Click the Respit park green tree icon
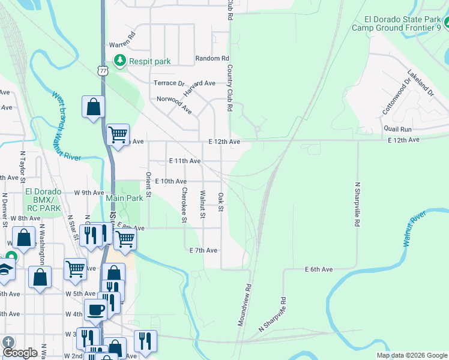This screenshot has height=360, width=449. [120, 61]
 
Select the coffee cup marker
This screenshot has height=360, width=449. [95, 310]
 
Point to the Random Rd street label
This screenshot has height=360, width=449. [212, 59]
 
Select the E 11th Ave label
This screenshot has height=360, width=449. [185, 161]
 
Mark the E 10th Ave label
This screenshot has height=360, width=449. [170, 181]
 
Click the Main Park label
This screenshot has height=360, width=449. [124, 198]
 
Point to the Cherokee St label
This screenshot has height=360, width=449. [184, 205]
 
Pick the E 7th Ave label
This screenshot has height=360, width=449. [203, 250]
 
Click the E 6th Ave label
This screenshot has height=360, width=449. [318, 270]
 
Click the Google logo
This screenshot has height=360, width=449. [20, 353]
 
